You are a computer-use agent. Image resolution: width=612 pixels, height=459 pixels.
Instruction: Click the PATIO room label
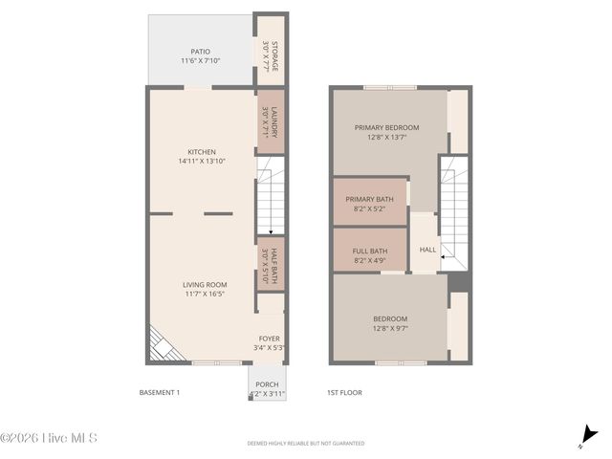(x=200, y=52)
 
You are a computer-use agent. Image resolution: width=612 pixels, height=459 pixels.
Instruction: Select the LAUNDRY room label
(x=272, y=121)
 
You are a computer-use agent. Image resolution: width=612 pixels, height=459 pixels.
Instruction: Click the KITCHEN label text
(x=202, y=152)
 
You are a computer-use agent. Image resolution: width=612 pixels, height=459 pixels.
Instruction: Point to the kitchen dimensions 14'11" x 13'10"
(x=202, y=162)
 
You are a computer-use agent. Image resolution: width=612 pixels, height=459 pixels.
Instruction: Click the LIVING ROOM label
(x=205, y=284)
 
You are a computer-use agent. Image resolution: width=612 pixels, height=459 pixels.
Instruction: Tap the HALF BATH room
(x=272, y=264)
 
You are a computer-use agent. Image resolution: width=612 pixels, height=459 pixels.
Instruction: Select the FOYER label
(x=270, y=339)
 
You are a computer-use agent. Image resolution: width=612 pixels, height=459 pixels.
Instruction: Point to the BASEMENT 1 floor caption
(x=160, y=393)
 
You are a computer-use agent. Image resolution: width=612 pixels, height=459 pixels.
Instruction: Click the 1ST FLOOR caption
(x=344, y=393)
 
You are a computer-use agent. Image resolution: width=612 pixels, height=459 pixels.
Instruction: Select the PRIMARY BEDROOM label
(x=386, y=127)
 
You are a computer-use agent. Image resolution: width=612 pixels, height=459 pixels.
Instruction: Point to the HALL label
(x=427, y=250)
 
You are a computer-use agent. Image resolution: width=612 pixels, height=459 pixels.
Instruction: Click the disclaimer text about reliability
(x=306, y=444)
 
